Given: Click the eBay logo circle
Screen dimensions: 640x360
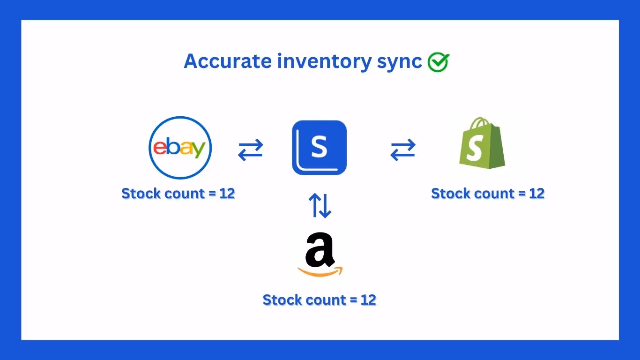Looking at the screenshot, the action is point(180,148).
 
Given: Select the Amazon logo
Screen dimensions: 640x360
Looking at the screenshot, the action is point(320,255).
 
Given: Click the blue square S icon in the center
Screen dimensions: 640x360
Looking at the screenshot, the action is point(319,148).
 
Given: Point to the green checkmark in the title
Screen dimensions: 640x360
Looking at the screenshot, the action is point(438,62).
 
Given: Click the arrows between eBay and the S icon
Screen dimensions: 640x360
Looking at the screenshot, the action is point(251,150).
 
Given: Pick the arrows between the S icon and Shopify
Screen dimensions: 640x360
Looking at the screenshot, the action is point(403,150).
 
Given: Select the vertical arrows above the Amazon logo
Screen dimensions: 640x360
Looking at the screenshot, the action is point(320,206).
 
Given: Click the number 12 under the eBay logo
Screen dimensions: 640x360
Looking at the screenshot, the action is point(227,194).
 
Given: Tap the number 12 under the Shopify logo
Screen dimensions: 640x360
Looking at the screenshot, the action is point(536,194).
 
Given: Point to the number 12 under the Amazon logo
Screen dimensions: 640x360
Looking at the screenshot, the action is point(368,300).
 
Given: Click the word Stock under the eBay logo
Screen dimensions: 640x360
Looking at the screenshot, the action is point(140,194).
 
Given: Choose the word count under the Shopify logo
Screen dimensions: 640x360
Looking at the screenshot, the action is point(492,194).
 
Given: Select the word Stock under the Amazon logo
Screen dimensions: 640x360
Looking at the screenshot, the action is point(281,300).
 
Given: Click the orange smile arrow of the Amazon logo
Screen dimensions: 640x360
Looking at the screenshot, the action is point(320,271).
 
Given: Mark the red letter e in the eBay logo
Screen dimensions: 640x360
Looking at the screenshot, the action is point(160,148).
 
